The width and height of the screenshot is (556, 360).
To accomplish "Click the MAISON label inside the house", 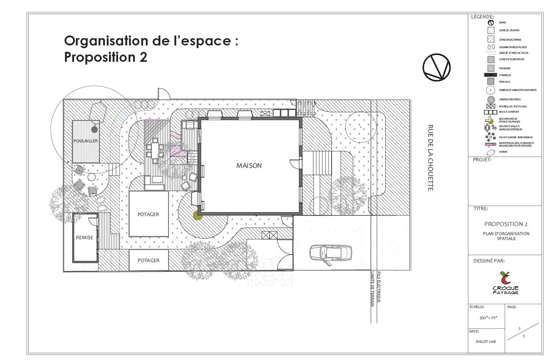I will tap(248, 166).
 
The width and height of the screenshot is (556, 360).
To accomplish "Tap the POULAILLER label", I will tap(86, 141).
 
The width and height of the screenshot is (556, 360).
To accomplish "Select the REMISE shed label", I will tap(84, 237).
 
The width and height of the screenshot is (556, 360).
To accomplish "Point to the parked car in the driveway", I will tap(330, 253).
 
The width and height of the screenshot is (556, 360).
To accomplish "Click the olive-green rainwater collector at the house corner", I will tap(198, 215).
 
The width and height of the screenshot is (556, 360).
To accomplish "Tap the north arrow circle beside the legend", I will tap(436, 68).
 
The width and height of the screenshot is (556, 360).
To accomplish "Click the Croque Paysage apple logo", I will tap(505, 278).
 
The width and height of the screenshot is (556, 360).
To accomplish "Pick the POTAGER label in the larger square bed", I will tap(149, 214).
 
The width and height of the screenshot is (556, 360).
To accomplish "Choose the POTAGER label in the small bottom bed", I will tap(149, 260).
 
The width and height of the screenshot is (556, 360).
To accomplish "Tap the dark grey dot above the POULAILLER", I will tap(94, 129).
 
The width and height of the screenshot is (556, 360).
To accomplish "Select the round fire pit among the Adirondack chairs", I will tap(91, 177).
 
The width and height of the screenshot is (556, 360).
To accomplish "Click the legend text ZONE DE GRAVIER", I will tap(509, 30).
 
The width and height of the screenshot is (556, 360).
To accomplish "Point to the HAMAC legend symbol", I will tap(490, 151).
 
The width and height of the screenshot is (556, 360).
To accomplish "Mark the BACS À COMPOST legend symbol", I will tap(491, 112).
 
